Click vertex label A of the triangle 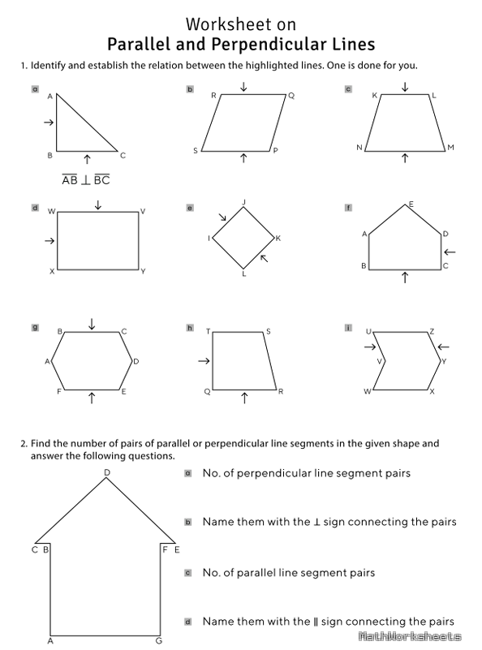[x=49, y=97]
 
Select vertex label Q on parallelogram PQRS [x=291, y=95]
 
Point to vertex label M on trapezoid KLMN [x=450, y=148]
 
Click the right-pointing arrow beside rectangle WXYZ [x=49, y=240]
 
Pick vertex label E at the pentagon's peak [x=411, y=204]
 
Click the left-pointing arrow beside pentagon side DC [x=450, y=252]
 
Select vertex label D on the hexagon [x=136, y=361]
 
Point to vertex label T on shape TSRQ [x=208, y=331]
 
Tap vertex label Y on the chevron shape [x=444, y=360]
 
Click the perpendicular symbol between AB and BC [x=86, y=180]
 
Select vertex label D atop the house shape [x=106, y=472]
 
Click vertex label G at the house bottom [x=159, y=641]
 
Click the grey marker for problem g [x=35, y=327]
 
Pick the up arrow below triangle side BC [x=87, y=156]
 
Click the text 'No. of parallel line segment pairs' [x=288, y=573]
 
